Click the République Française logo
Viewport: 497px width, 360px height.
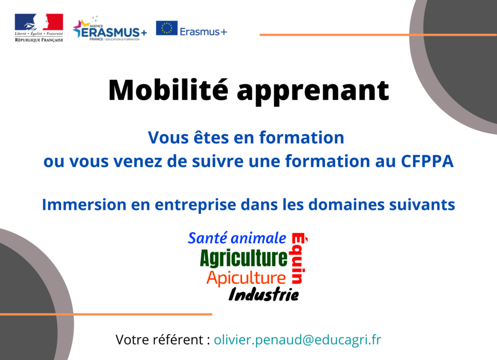point(39,28)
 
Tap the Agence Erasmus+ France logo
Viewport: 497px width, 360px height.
point(110,29)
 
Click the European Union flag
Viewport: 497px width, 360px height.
point(167,28)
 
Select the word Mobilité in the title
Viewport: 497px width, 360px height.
point(168,90)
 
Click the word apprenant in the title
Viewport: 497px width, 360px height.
point(313,92)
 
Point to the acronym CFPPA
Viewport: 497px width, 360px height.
point(427,161)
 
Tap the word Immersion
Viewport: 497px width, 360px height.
point(84,205)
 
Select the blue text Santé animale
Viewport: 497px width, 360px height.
point(237,238)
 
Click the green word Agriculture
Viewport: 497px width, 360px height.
point(244,258)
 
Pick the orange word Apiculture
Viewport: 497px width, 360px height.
point(246,278)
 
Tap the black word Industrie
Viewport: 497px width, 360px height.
point(264,295)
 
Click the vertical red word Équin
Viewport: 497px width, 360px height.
point(298,258)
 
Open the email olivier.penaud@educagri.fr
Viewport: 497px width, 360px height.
point(298,340)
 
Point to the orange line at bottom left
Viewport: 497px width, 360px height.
point(106,314)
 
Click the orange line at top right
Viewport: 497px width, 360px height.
point(378,34)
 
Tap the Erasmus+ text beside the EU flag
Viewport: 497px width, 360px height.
point(203,32)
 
